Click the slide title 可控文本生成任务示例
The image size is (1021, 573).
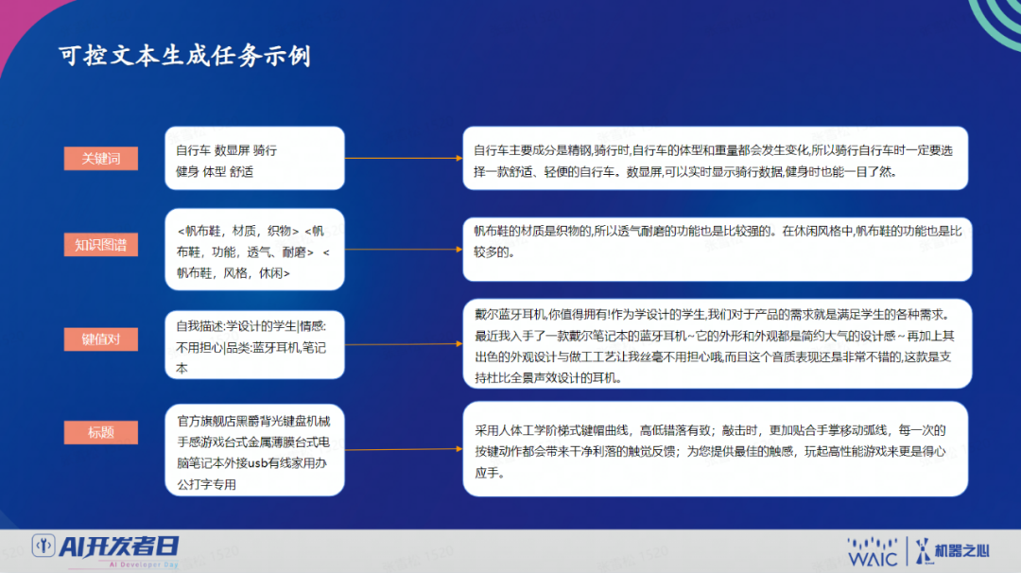click(x=185, y=56)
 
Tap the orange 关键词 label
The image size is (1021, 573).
click(x=101, y=158)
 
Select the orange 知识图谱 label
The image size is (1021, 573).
click(x=101, y=245)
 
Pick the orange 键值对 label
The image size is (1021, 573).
click(x=101, y=339)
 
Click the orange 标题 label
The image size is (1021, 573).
click(x=101, y=432)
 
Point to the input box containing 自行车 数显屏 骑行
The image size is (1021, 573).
click(x=254, y=158)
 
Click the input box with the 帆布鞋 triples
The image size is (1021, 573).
click(x=254, y=250)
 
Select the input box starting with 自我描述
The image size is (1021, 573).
click(x=254, y=345)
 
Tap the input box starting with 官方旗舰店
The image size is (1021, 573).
click(x=254, y=450)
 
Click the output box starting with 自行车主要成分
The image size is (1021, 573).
click(x=716, y=158)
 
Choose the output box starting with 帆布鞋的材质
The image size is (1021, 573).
click(x=718, y=250)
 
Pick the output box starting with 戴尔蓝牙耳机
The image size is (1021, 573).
click(x=718, y=344)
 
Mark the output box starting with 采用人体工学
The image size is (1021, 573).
click(x=716, y=449)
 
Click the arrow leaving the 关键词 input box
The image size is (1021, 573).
click(x=404, y=158)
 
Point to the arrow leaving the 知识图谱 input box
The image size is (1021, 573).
click(x=404, y=250)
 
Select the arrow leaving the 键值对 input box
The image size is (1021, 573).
click(x=404, y=344)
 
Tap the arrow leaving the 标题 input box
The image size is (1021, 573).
click(x=404, y=449)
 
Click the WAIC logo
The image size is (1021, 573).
click(x=873, y=552)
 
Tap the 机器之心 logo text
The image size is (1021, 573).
click(x=962, y=551)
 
